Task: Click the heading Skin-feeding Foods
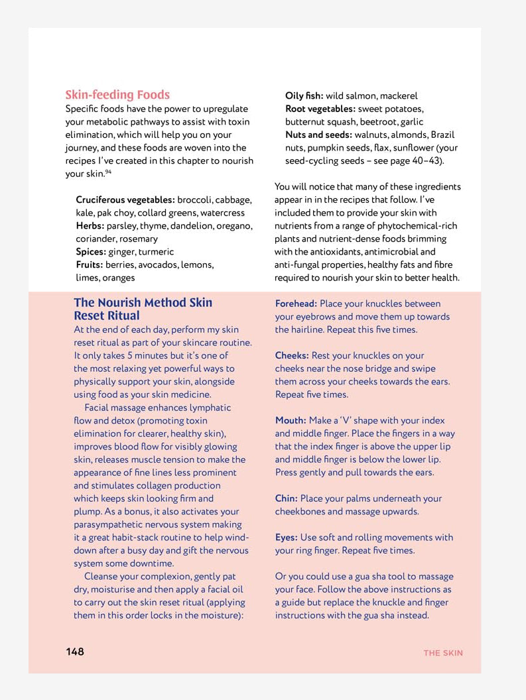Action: click(117, 95)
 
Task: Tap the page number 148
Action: click(75, 652)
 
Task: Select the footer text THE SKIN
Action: click(443, 653)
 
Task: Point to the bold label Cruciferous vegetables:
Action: click(125, 200)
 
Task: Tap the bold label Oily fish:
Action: click(304, 95)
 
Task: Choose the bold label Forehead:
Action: click(296, 304)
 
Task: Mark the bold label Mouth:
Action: click(291, 420)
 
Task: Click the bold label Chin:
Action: click(287, 498)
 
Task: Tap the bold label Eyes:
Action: click(287, 538)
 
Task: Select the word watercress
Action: click(222, 213)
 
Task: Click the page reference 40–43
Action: click(425, 160)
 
